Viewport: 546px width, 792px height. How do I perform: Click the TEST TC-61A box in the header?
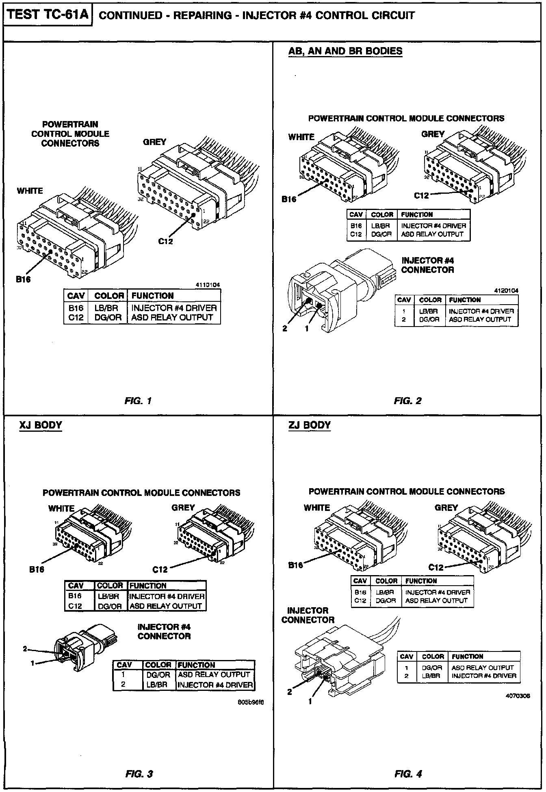tap(48, 15)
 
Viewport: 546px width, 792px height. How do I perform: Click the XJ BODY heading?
tap(41, 425)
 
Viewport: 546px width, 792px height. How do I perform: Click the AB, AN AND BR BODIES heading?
tap(345, 51)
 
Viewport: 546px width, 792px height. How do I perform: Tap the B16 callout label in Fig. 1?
tap(23, 279)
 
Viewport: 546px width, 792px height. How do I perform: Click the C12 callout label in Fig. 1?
tap(165, 241)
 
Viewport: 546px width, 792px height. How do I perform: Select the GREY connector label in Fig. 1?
tap(154, 142)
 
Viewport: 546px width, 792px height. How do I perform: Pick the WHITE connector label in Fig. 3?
tap(61, 508)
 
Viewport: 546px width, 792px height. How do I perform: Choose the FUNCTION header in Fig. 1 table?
tap(152, 296)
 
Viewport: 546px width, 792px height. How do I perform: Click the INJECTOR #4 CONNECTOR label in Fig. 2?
tap(427, 265)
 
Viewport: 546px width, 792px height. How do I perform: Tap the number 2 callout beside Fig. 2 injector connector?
tap(285, 328)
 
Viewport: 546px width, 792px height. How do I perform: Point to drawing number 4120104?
tap(506, 290)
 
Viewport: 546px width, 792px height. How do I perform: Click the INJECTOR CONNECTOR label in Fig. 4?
tap(308, 615)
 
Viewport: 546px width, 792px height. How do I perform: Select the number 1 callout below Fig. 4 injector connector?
tap(310, 701)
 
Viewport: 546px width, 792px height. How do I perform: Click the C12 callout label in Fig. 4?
tap(436, 567)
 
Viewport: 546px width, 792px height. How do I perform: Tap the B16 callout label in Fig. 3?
tap(37, 569)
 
